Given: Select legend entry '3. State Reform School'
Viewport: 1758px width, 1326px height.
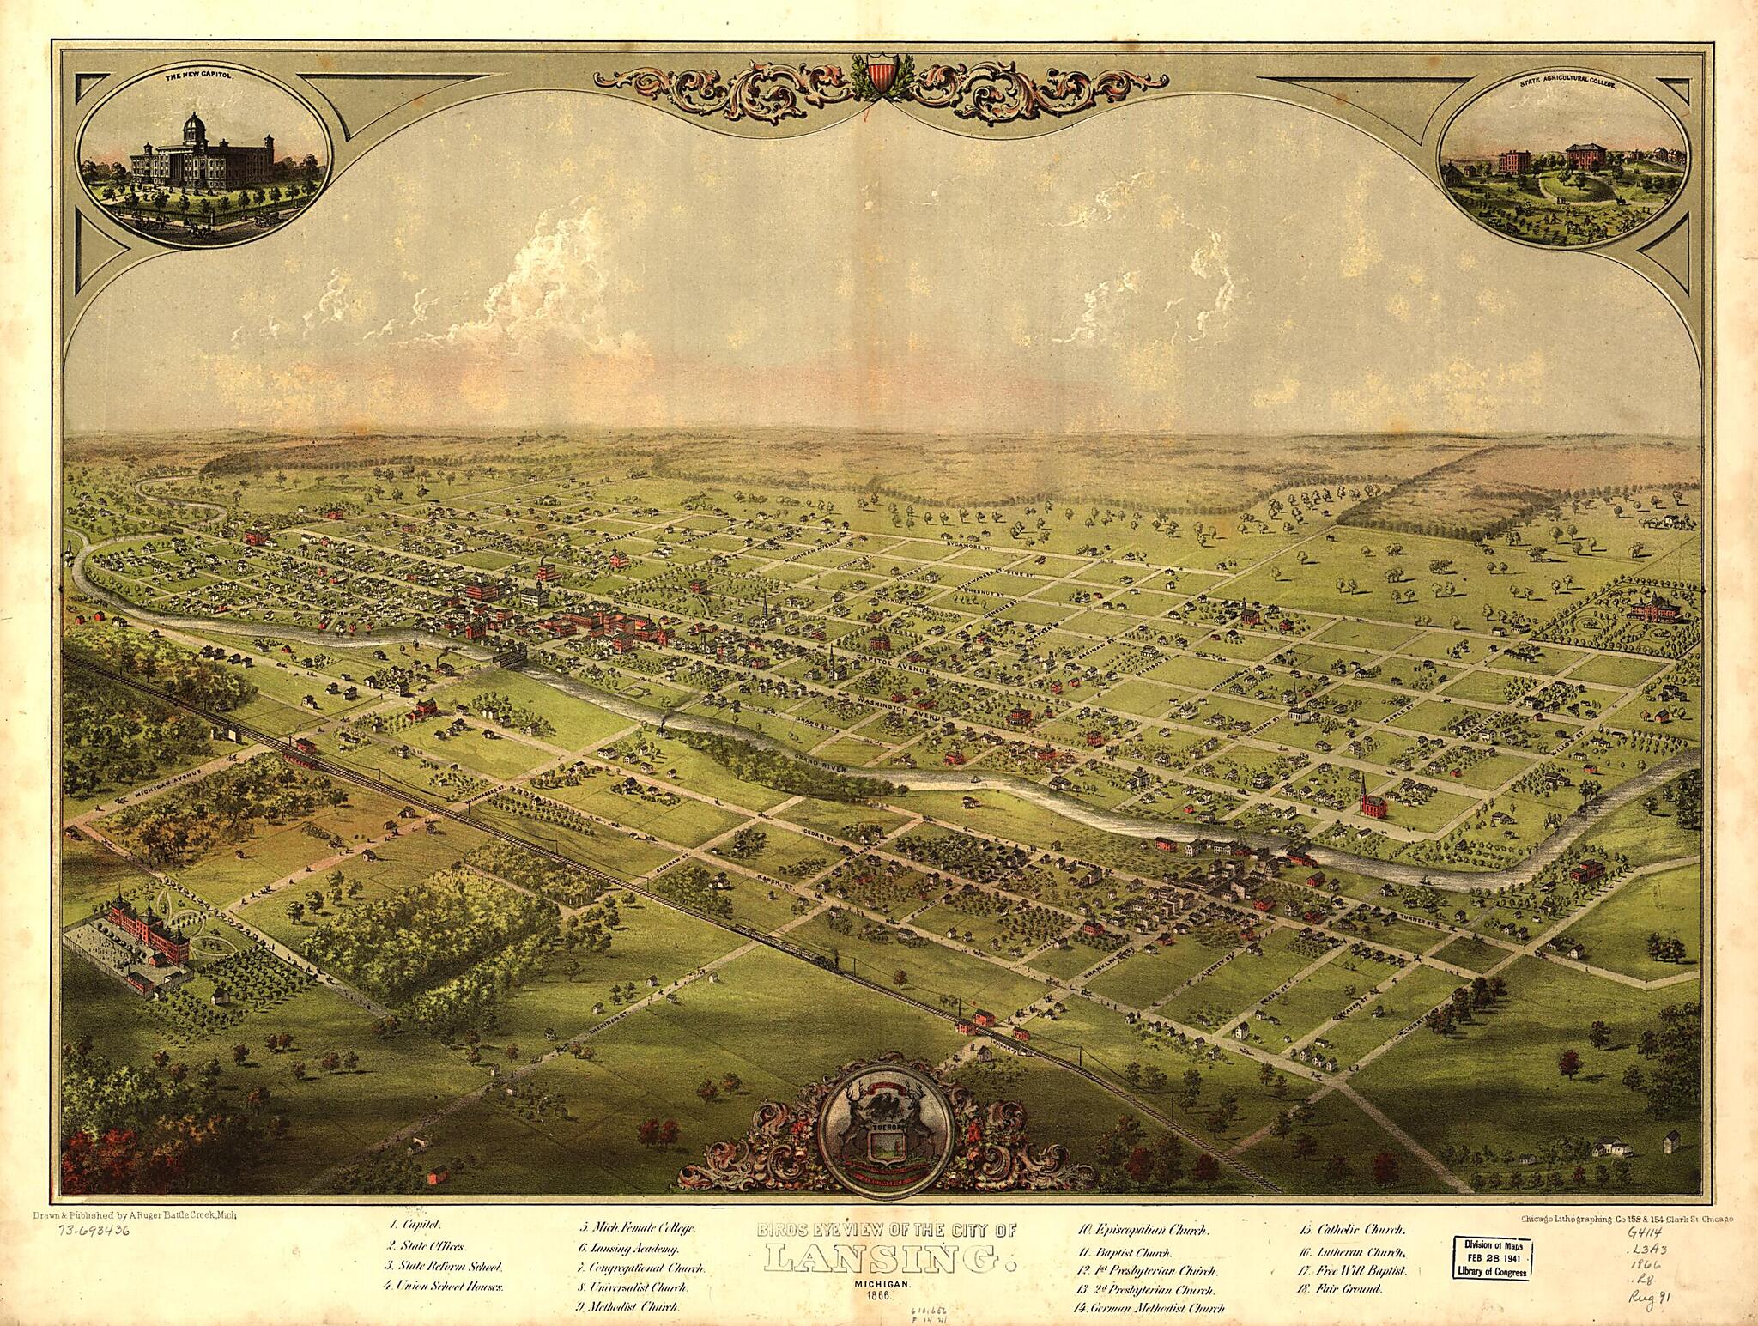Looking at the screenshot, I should click(x=446, y=1266).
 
